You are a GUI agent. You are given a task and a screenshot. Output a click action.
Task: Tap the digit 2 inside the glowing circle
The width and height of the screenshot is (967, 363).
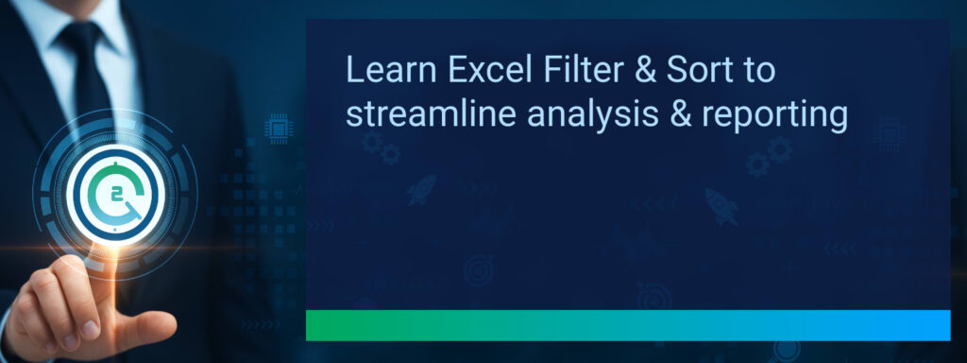pyautogui.click(x=115, y=194)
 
